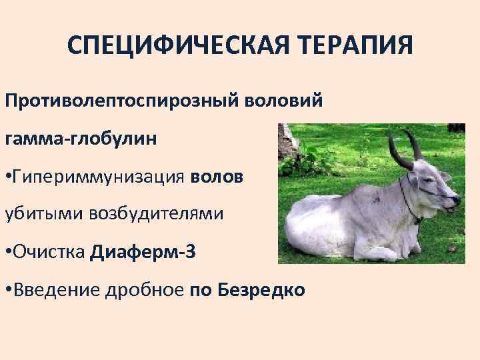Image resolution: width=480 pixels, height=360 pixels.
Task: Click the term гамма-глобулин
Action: (81, 140)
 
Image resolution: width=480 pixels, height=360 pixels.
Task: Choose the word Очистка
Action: (49, 252)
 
